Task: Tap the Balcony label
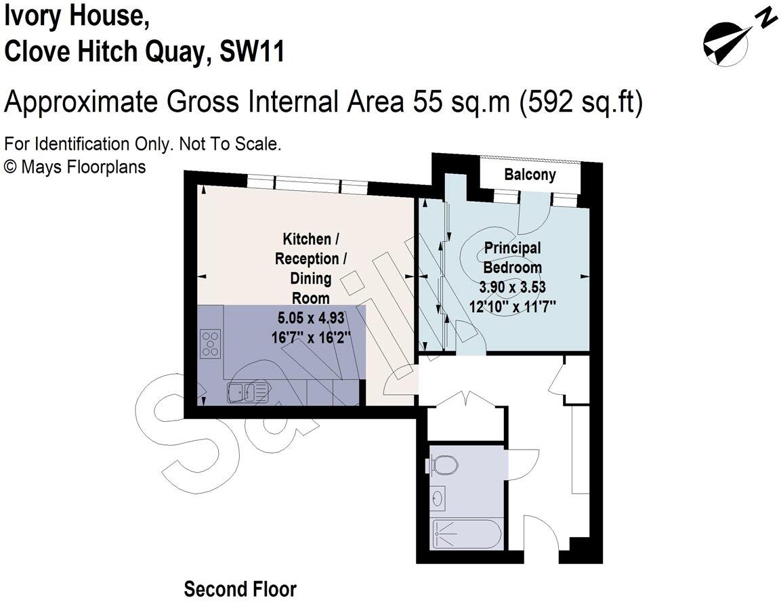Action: [x=530, y=175]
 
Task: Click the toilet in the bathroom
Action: [x=444, y=465]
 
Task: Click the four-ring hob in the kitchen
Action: [x=211, y=343]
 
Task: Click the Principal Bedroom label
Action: [x=512, y=257]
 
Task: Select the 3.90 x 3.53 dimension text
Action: [x=512, y=287]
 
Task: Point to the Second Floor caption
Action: [x=240, y=589]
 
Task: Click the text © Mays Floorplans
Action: [x=75, y=167]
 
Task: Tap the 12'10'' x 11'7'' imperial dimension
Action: [x=512, y=306]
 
